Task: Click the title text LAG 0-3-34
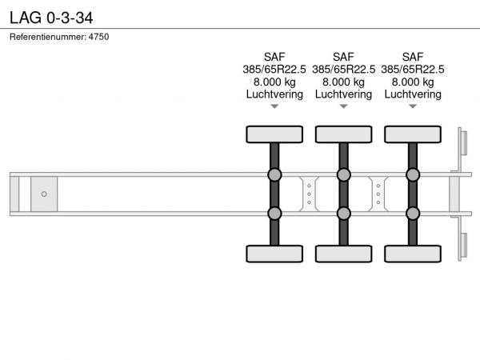pyautogui.click(x=51, y=18)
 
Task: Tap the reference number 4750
pyautogui.click(x=99, y=37)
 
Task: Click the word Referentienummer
pyautogui.click(x=48, y=37)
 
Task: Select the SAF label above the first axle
pyautogui.click(x=274, y=57)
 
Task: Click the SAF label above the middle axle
pyautogui.click(x=343, y=57)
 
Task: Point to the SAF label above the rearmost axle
pyautogui.click(x=413, y=57)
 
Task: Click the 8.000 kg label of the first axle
pyautogui.click(x=274, y=82)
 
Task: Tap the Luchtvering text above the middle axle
pyautogui.click(x=343, y=94)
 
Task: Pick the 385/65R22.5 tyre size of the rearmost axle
pyautogui.click(x=413, y=70)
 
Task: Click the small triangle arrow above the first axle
pyautogui.click(x=274, y=106)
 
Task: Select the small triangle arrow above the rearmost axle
pyautogui.click(x=413, y=106)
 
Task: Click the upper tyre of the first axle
pyautogui.click(x=274, y=134)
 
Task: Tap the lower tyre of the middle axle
pyautogui.click(x=343, y=254)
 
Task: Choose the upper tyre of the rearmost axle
pyautogui.click(x=413, y=134)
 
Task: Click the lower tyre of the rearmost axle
pyautogui.click(x=413, y=254)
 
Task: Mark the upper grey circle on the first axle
pyautogui.click(x=274, y=174)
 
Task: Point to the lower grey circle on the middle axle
pyautogui.click(x=343, y=214)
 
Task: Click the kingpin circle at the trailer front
pyautogui.click(x=44, y=194)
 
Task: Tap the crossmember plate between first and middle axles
pyautogui.click(x=309, y=194)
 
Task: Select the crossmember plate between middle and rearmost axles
pyautogui.click(x=378, y=194)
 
